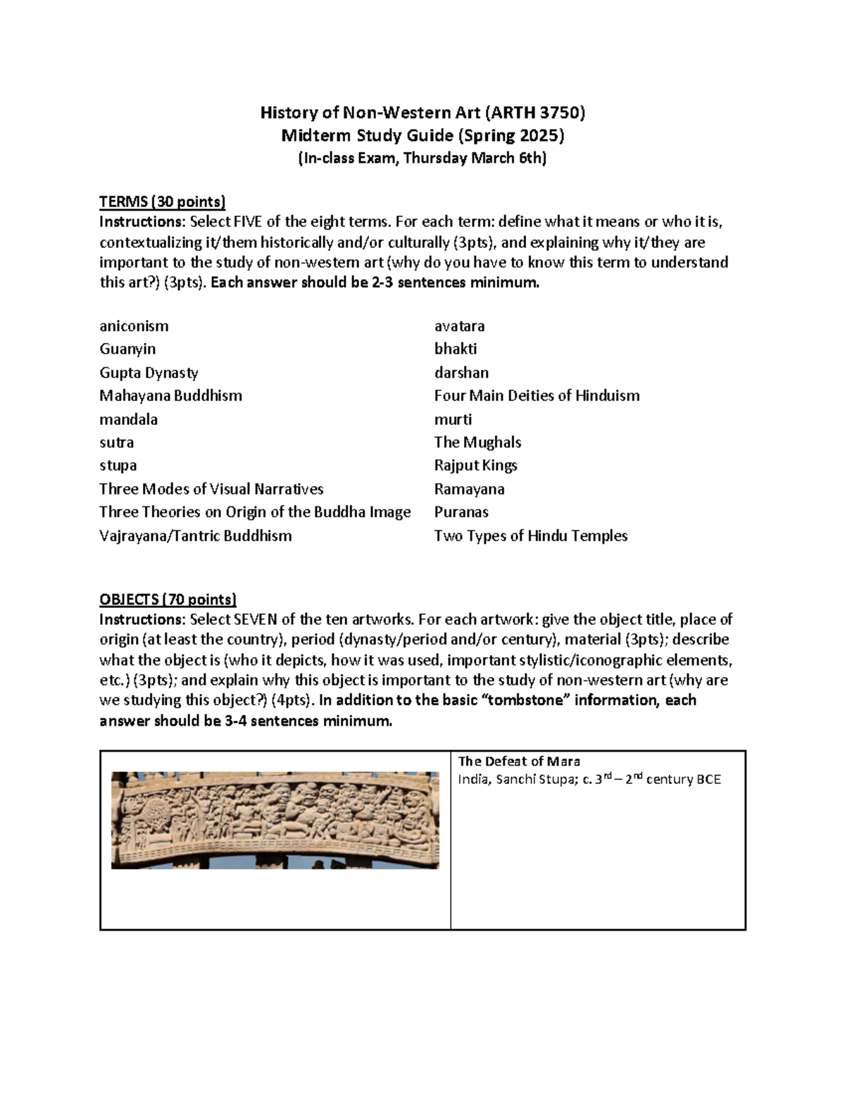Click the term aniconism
[134, 326]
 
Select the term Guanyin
[127, 349]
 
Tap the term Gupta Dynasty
[149, 373]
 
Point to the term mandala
[128, 419]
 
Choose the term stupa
[118, 466]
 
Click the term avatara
[459, 326]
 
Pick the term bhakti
[456, 349]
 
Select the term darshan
[461, 373]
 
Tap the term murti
[453, 419]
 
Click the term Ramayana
[469, 489]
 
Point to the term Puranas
[461, 512]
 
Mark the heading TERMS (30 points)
[162, 202]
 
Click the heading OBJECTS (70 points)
[168, 599]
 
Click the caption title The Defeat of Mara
[519, 761]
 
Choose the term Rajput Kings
[475, 466]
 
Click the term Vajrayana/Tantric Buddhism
[195, 535]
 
